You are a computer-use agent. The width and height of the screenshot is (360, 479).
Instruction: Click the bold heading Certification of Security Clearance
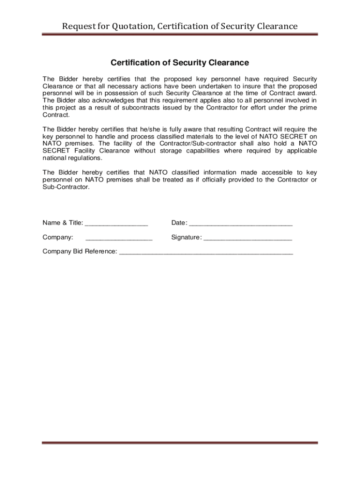(180, 63)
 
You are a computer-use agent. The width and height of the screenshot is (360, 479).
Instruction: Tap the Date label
(179, 222)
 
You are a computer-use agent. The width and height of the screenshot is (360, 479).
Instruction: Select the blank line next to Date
(241, 224)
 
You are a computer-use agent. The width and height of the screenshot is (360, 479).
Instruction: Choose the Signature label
(187, 237)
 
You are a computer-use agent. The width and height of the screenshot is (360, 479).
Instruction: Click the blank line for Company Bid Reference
(206, 253)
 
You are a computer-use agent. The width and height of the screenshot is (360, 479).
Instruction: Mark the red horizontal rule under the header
(180, 34)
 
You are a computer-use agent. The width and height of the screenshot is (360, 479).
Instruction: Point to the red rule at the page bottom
(180, 443)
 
